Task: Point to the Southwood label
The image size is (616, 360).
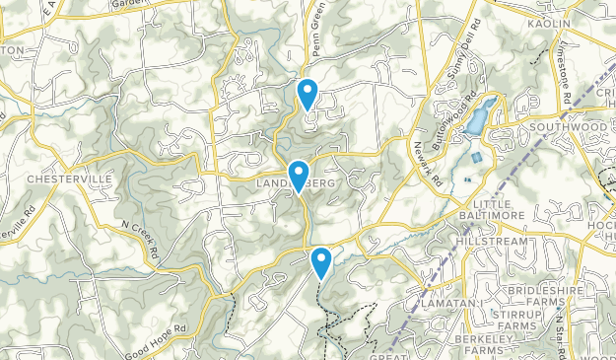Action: click(570, 127)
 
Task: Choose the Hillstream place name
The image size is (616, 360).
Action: click(492, 240)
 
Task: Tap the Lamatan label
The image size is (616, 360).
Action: click(446, 303)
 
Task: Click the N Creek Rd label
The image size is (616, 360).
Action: click(139, 239)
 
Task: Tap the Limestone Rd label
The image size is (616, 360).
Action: click(565, 84)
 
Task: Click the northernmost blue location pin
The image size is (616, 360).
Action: click(308, 93)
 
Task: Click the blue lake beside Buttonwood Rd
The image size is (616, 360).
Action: click(474, 119)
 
